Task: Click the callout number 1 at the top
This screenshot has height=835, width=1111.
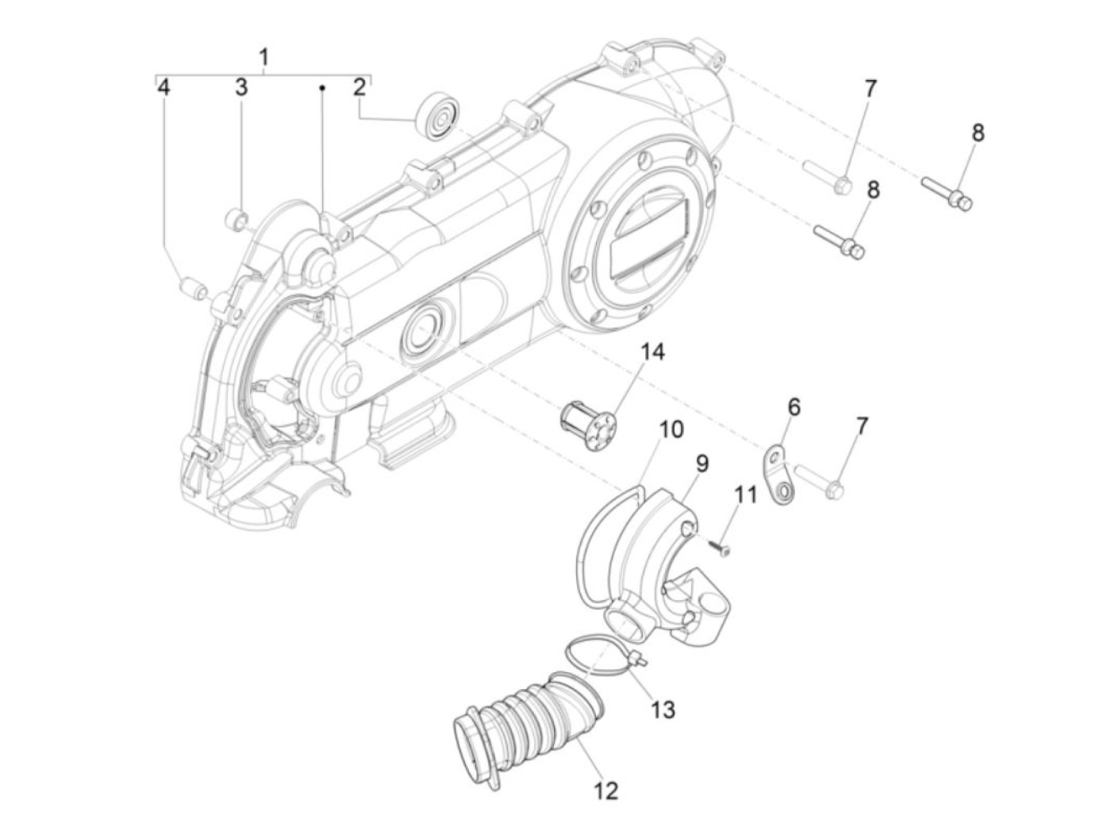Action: pos(263,57)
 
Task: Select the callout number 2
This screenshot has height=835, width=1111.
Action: pos(359,87)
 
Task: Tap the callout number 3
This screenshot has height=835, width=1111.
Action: pos(241,87)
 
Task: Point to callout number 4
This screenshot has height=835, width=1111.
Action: pos(163,87)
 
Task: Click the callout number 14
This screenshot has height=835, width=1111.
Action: pos(652,352)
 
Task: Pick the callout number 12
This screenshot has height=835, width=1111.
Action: pos(604,791)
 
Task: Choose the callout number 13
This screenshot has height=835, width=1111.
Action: pos(663,709)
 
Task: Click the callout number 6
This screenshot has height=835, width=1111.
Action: pos(794,407)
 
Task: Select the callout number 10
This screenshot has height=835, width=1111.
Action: pos(671,429)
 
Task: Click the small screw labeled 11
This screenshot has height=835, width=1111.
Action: pos(720,548)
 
